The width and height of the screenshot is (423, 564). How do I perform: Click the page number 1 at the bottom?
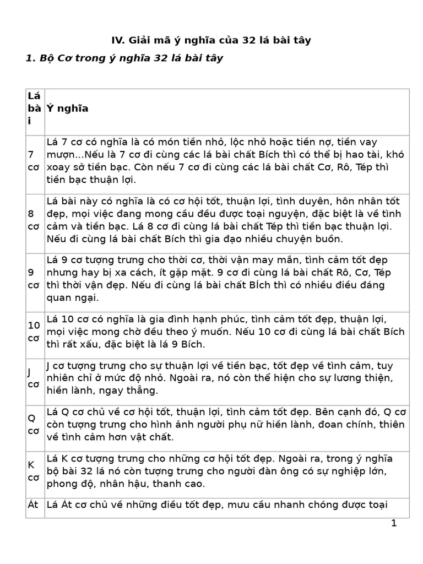coord(394,523)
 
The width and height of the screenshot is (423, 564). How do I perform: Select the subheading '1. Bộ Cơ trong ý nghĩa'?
coord(124,58)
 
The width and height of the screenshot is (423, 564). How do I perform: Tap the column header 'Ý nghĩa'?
coord(68,109)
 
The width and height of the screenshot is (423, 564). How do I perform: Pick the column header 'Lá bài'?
coord(34,109)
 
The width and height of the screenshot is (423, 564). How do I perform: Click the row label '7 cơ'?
coord(34,161)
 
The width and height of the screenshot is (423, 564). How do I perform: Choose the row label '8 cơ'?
coord(34,220)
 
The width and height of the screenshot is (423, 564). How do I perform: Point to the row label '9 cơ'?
coord(34,279)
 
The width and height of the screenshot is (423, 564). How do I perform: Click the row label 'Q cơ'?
coord(34,424)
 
